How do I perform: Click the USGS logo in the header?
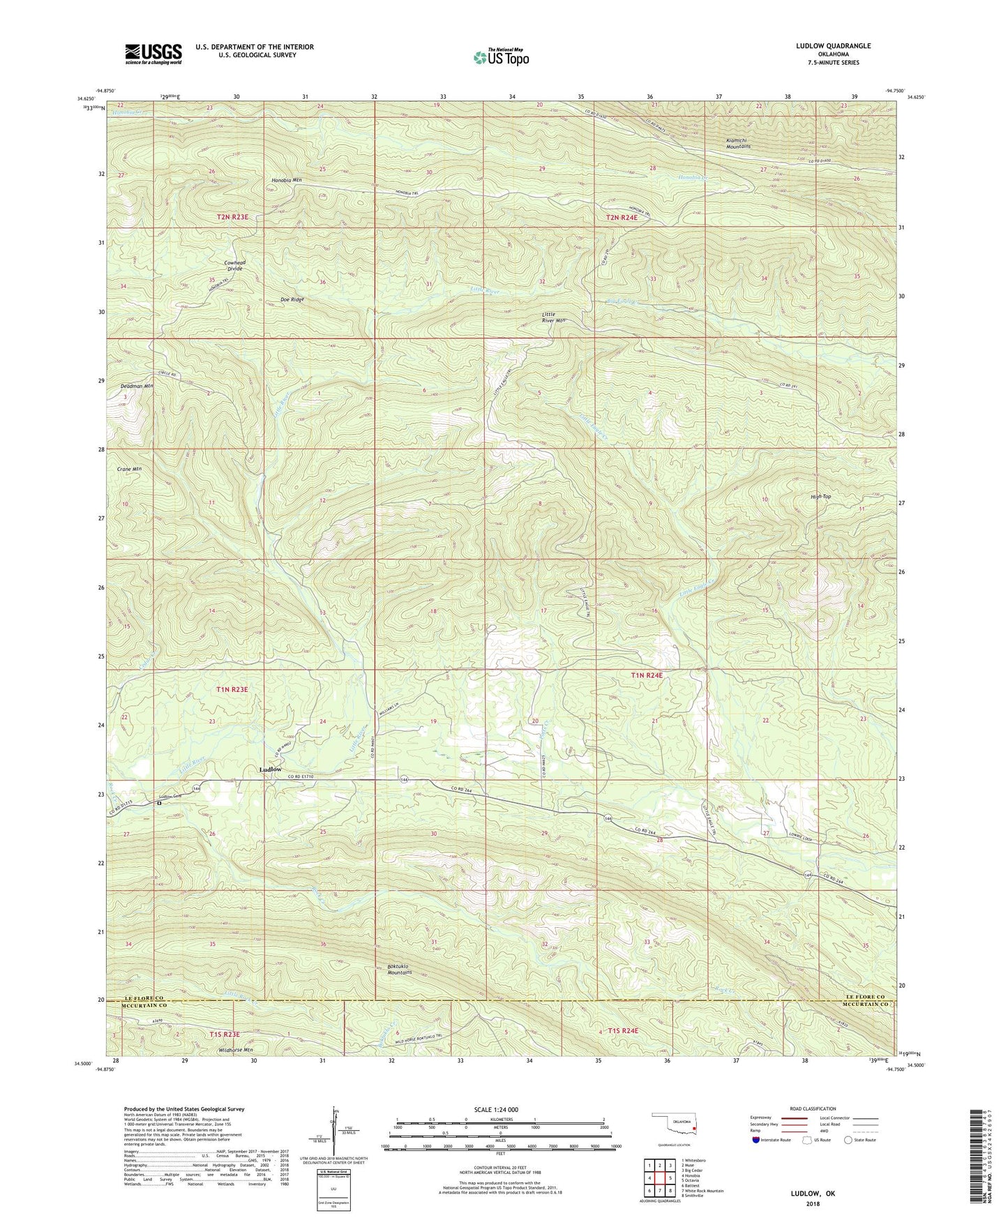point(153,54)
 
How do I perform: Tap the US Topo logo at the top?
point(500,57)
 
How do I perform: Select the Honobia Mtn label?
point(286,180)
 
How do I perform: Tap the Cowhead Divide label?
point(234,265)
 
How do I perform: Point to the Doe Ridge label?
point(292,299)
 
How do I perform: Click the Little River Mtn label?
point(553,317)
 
